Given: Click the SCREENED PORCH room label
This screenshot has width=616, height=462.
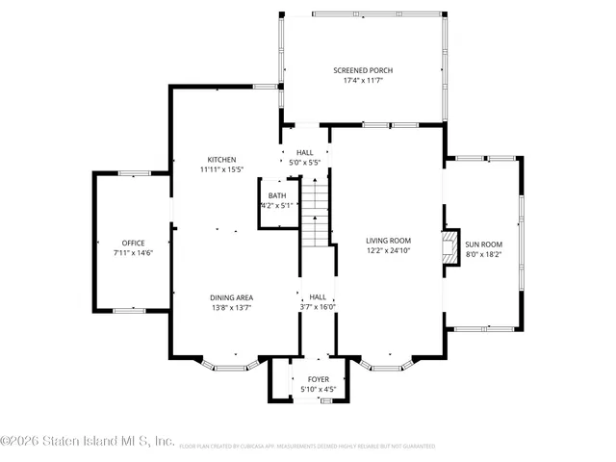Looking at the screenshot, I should tap(363, 70).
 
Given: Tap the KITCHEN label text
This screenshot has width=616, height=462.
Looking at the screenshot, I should tap(222, 159).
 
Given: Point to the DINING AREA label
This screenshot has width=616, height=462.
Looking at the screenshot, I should tap(232, 297).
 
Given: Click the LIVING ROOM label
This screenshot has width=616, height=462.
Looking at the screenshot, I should tap(388, 240).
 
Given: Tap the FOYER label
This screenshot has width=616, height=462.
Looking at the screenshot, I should tap(317, 379).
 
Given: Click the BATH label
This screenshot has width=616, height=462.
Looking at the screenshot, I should tap(276, 195).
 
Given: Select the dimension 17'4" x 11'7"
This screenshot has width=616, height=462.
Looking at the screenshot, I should tap(363, 81).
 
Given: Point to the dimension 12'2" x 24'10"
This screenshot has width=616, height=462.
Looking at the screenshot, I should tap(388, 250).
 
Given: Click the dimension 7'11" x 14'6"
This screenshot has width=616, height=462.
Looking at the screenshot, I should tap(132, 252).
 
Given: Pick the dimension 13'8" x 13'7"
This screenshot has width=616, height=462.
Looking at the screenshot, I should tap(232, 308).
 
